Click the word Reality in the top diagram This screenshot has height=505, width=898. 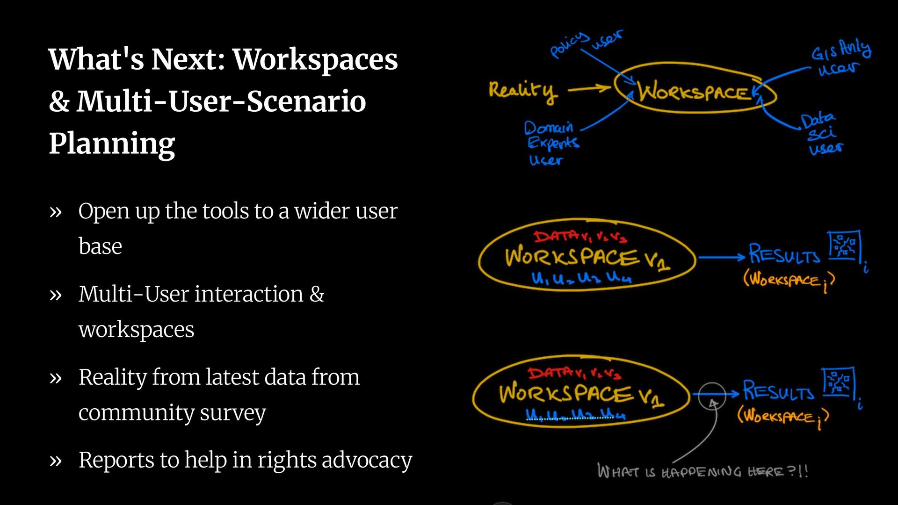(523, 90)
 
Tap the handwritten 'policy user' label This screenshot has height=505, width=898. (586, 43)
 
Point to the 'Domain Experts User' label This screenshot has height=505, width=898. (551, 143)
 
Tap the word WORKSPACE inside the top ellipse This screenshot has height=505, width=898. (694, 92)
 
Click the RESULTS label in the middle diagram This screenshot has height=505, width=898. (784, 255)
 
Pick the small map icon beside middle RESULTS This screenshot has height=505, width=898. (844, 246)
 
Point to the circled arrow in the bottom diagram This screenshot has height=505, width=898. (711, 396)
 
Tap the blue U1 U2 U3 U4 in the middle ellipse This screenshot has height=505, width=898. (581, 278)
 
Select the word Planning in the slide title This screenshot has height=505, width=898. (112, 144)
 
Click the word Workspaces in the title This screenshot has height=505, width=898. (315, 60)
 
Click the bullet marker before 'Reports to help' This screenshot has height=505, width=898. (56, 461)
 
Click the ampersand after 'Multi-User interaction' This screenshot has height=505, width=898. (317, 294)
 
